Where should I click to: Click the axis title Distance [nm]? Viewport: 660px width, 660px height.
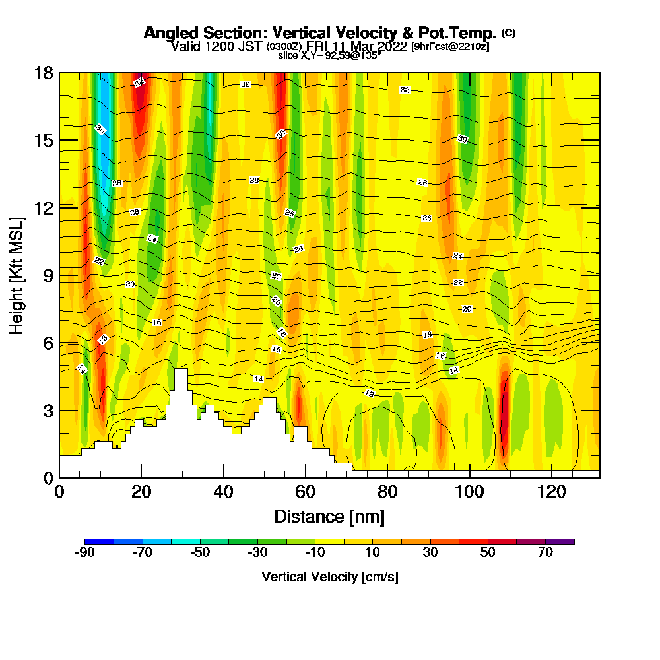[329, 516]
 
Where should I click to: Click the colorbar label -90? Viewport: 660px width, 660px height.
[85, 553]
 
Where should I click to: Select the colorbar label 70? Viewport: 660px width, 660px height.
[545, 553]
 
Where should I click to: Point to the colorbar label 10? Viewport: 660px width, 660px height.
[373, 553]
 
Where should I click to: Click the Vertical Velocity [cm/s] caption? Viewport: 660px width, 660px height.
[329, 577]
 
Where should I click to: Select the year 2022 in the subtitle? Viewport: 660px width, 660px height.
[392, 46]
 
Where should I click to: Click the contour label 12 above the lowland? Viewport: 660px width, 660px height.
[370, 393]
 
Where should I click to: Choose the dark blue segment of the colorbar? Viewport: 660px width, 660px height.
[100, 541]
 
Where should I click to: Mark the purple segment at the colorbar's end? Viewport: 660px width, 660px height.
[560, 541]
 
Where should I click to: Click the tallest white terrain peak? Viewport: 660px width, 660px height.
[180, 379]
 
